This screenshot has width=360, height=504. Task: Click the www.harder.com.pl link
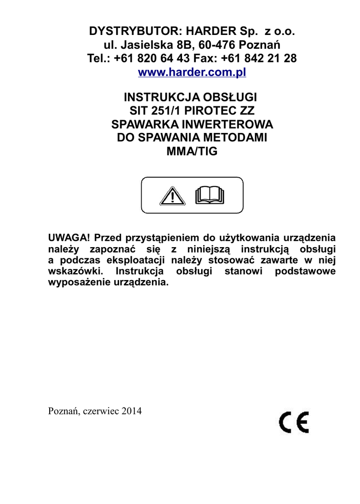click(192, 73)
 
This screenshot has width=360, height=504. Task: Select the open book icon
click(209, 195)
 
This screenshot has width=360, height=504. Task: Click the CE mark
click(294, 422)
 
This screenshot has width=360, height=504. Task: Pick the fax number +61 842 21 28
click(259, 59)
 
